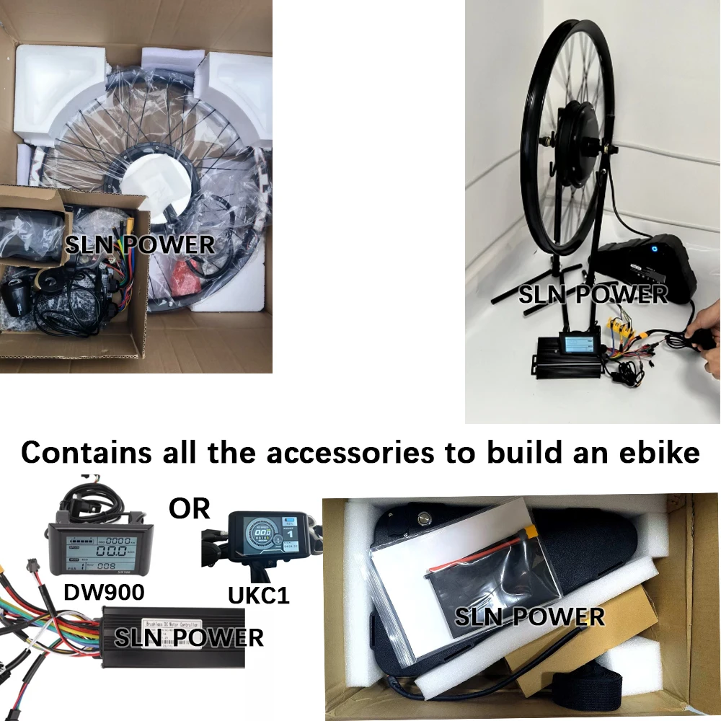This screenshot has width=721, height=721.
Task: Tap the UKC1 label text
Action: click(x=257, y=595)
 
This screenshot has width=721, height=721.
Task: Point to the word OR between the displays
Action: click(x=189, y=508)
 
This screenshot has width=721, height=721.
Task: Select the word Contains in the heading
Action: click(x=86, y=452)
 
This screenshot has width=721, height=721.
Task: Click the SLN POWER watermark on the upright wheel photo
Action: click(x=593, y=295)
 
